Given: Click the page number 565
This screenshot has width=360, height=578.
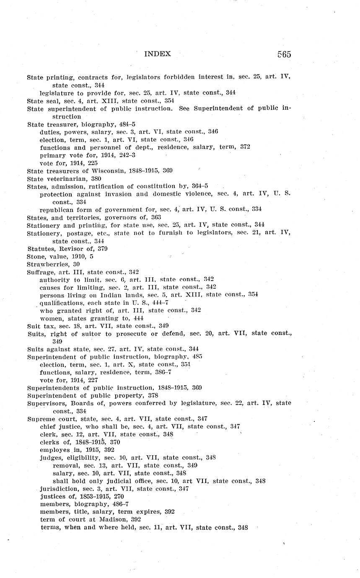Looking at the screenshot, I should click(284, 54).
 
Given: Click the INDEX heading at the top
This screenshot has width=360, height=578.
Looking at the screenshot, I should click(158, 54).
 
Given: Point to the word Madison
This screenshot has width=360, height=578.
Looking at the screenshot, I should click(109, 519).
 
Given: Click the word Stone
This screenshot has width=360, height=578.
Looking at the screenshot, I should click(35, 256).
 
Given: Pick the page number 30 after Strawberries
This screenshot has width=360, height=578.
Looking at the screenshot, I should click(77, 264).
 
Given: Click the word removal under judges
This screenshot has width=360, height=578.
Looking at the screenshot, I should click(65, 465).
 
